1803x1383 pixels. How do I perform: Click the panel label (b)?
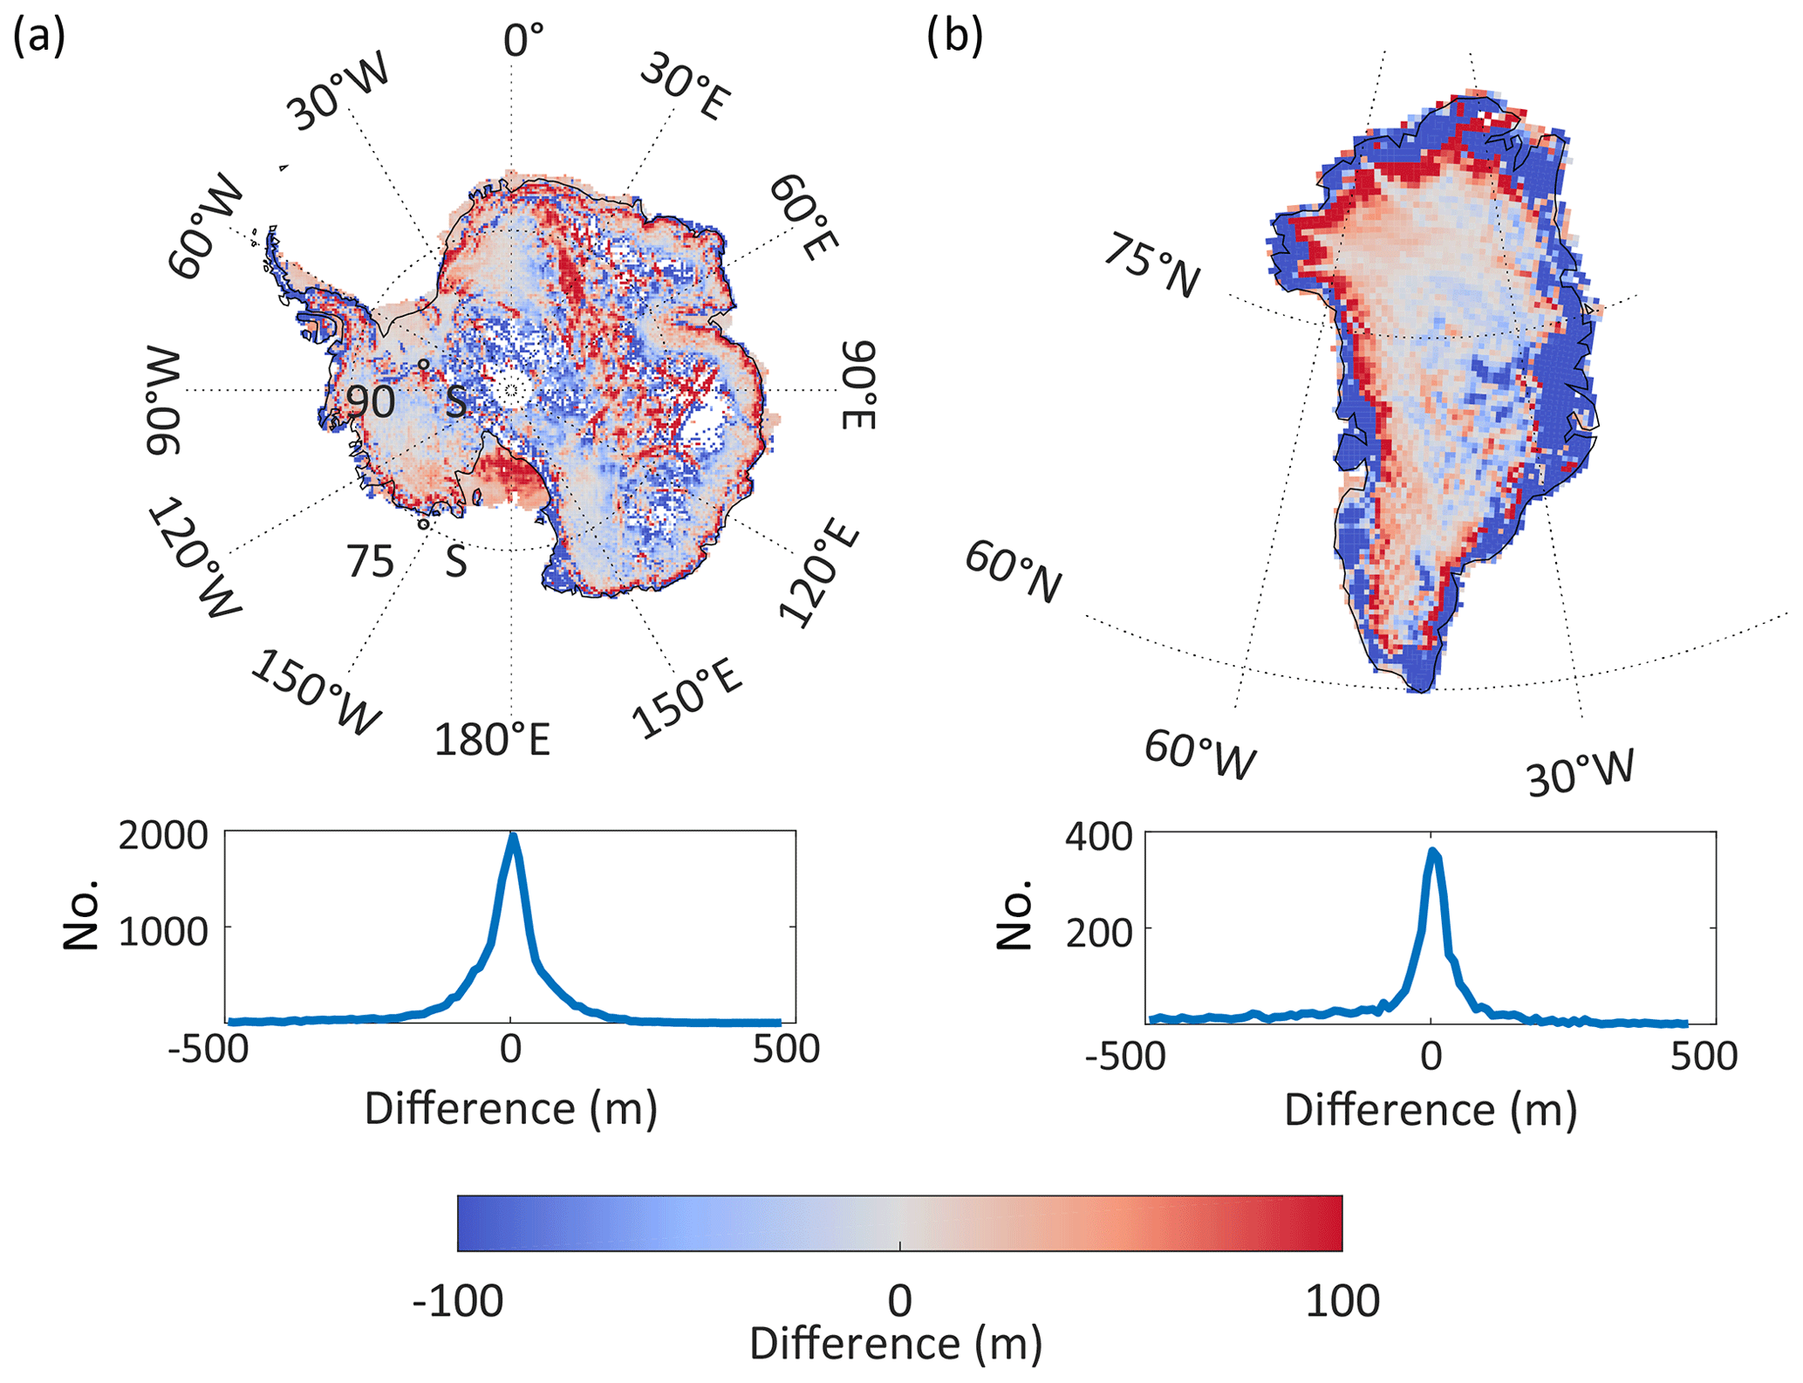[955, 38]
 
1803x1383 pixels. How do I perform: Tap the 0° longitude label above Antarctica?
[523, 40]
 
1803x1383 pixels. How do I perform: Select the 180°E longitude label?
[493, 741]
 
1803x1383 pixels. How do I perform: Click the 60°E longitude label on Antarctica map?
[803, 217]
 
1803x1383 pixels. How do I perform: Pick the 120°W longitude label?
[194, 558]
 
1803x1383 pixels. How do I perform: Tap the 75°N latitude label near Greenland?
[1151, 266]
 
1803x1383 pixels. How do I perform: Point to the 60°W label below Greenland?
[1200, 754]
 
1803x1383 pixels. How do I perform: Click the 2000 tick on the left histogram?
[163, 835]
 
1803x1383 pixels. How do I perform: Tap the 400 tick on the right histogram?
[1098, 836]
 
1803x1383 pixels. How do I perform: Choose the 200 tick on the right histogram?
[1098, 932]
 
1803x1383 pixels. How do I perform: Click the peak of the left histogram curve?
[513, 838]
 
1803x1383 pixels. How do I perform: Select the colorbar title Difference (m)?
[896, 1344]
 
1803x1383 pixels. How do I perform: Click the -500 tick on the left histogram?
[208, 1049]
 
